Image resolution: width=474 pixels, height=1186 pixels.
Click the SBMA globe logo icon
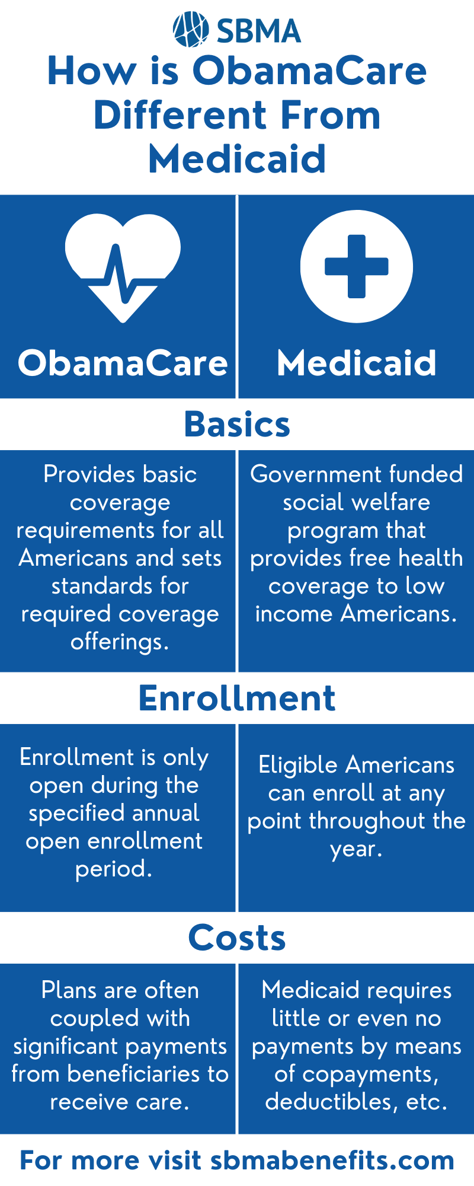point(190,30)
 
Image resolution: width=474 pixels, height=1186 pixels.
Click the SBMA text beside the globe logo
point(259,31)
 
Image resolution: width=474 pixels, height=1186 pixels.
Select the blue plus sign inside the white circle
point(356,266)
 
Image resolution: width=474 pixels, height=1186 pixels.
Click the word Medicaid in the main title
point(237,159)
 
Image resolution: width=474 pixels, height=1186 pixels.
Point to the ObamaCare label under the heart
point(123,363)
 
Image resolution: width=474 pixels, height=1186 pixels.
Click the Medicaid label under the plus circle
point(356,363)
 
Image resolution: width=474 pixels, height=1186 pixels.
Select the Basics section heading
point(237,425)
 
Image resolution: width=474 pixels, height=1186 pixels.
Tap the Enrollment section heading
point(237,698)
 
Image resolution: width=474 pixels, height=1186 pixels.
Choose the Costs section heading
point(237,938)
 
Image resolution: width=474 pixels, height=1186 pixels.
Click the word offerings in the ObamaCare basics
point(119,642)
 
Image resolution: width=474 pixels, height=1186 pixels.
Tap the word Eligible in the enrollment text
point(298,765)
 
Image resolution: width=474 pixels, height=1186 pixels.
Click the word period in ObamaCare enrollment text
point(113,869)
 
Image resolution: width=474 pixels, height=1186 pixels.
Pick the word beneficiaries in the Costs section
point(141,1074)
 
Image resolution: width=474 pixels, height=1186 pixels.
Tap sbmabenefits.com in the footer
point(332,1161)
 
